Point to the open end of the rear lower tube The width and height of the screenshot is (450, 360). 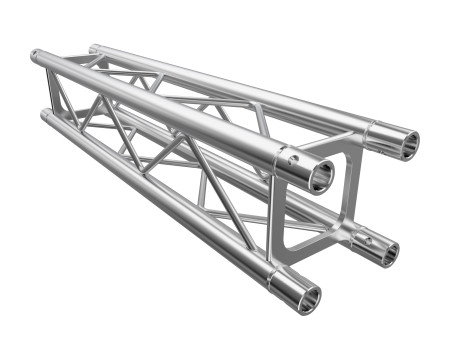click(x=383, y=252)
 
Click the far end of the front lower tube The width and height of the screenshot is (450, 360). click(x=46, y=116)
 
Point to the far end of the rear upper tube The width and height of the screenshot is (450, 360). click(x=93, y=47)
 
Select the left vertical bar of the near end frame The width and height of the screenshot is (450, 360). click(x=277, y=224)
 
